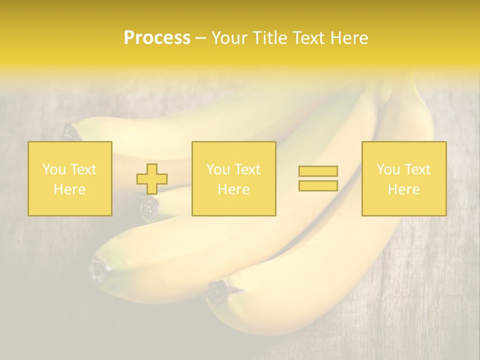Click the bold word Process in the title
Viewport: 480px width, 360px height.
pyautogui.click(x=157, y=38)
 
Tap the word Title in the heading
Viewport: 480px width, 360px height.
pyautogui.click(x=271, y=38)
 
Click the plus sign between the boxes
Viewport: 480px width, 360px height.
pyautogui.click(x=152, y=179)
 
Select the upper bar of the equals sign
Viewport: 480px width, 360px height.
pyautogui.click(x=318, y=171)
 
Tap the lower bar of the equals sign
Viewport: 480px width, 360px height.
pyautogui.click(x=318, y=186)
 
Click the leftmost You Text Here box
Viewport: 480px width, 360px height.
pyautogui.click(x=70, y=178)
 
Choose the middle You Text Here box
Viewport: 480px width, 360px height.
pyautogui.click(x=233, y=178)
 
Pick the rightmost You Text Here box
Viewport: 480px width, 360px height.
pyautogui.click(x=404, y=178)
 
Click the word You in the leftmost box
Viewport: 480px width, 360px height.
pyautogui.click(x=53, y=169)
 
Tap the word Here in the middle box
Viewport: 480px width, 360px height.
pyautogui.click(x=233, y=189)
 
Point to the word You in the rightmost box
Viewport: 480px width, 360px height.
pyautogui.click(x=387, y=169)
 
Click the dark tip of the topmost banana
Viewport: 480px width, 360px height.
pyautogui.click(x=71, y=133)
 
